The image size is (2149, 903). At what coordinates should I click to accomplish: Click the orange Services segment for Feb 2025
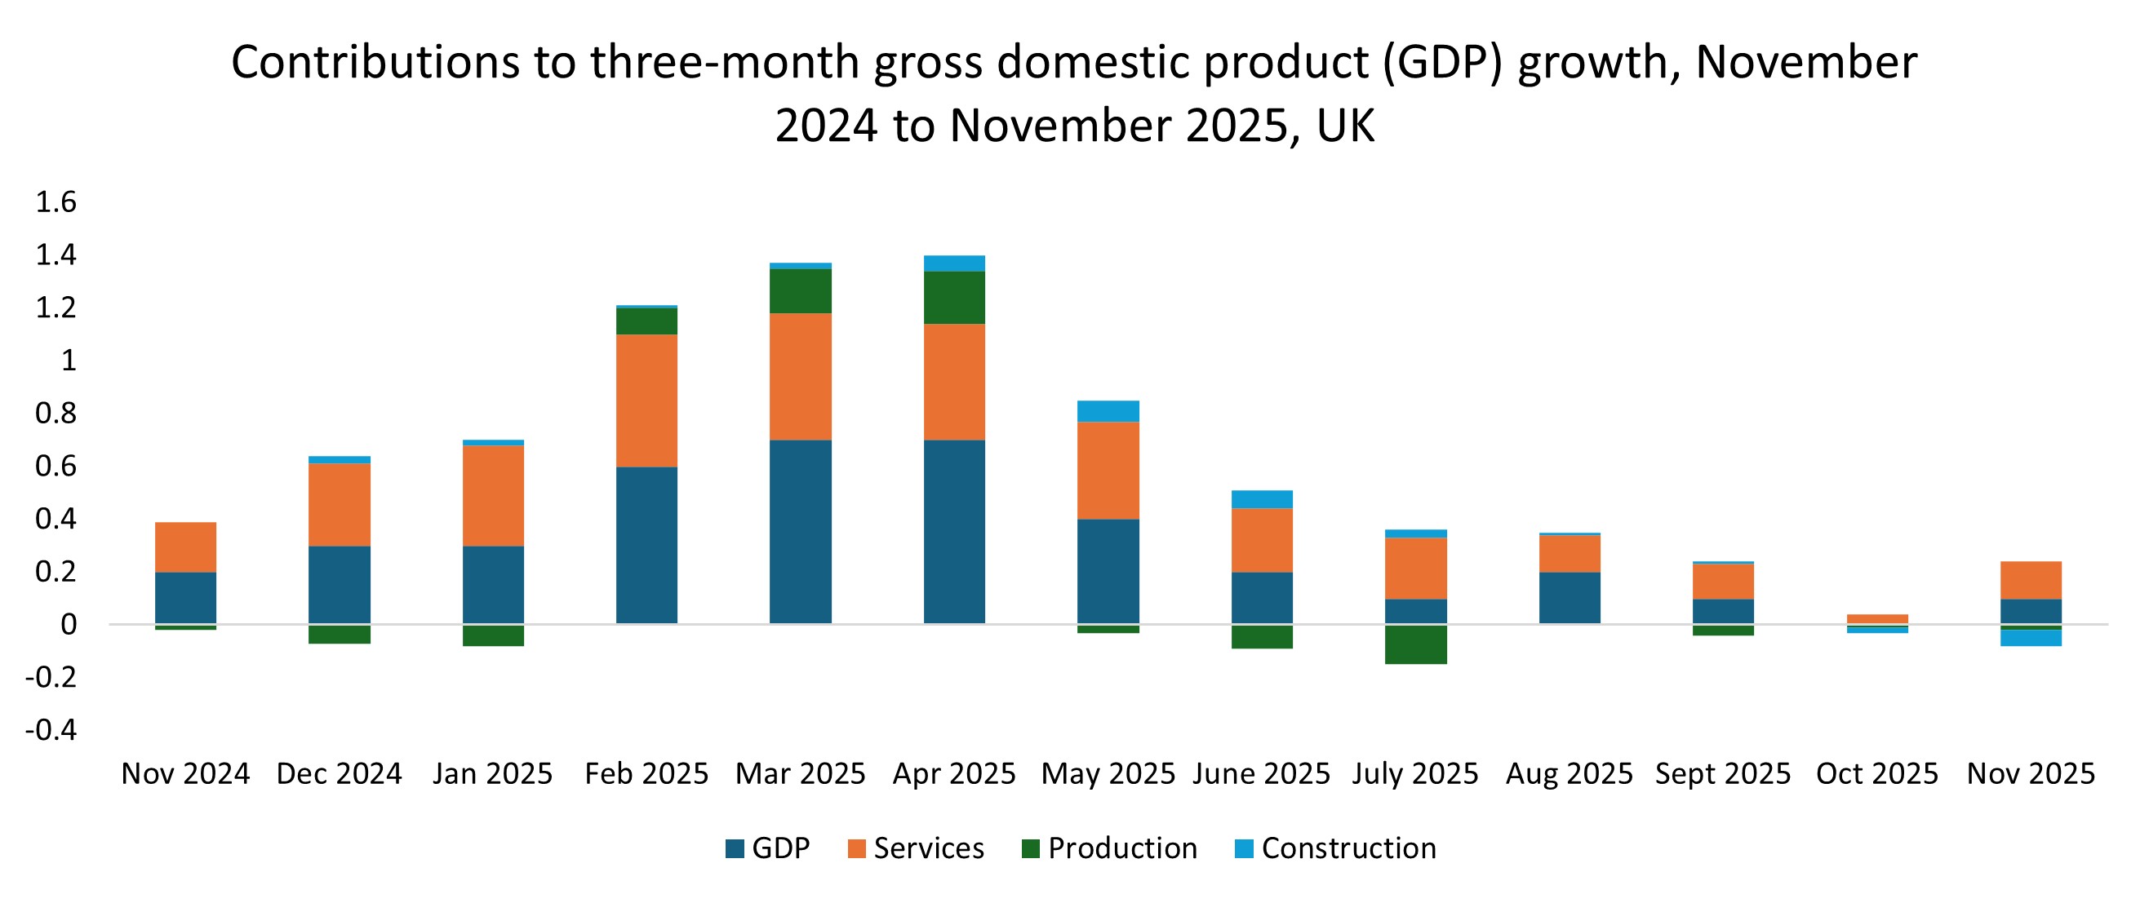pos(646,401)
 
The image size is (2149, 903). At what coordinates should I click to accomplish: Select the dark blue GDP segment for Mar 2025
pos(800,531)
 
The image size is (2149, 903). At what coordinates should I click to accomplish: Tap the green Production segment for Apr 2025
pos(954,297)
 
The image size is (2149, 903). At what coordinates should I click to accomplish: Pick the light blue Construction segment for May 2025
pos(1108,411)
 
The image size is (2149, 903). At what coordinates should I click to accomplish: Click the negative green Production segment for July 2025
pos(1416,644)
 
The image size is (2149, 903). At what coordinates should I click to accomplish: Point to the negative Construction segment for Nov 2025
pos(2031,638)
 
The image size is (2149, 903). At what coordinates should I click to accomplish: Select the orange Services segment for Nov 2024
pos(185,547)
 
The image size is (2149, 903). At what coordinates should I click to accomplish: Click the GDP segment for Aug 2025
pos(1570,598)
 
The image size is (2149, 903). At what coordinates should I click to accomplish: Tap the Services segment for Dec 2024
pos(339,504)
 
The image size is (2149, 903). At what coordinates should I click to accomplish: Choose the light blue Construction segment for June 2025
pos(1262,498)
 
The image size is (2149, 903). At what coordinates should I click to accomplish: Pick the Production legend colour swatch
pos(1031,849)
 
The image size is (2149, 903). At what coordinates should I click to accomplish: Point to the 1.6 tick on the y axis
pos(56,201)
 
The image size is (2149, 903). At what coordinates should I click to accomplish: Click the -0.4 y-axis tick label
pos(51,729)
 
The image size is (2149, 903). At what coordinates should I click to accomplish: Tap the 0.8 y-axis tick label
pos(56,413)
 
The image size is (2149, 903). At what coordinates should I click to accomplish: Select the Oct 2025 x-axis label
pos(1877,774)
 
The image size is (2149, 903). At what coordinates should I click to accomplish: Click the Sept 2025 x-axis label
pos(1723,774)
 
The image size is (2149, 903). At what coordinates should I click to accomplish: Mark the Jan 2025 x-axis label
pos(492,774)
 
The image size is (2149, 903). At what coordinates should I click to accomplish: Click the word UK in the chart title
pos(1345,126)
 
